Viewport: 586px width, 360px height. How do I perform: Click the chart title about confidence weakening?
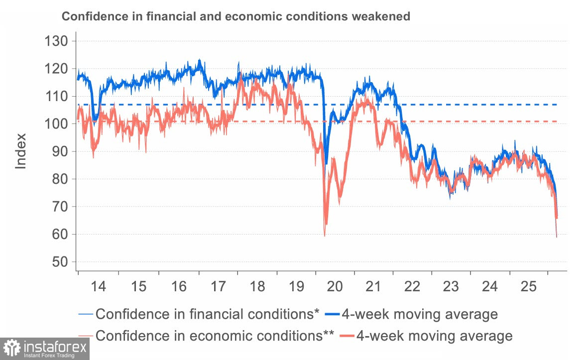click(x=235, y=16)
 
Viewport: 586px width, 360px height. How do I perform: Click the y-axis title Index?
click(x=21, y=151)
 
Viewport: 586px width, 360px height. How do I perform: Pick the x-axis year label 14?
click(x=99, y=287)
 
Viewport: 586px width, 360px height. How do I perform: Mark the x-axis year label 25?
click(x=529, y=287)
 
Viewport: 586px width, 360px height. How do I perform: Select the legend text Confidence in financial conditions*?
click(x=207, y=314)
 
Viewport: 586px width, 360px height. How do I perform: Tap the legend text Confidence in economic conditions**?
click(x=215, y=336)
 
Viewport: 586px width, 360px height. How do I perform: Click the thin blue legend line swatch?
click(x=86, y=314)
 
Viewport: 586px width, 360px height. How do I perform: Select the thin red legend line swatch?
click(x=86, y=336)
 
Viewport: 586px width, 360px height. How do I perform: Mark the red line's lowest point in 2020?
click(x=325, y=236)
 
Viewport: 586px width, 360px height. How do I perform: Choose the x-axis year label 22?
click(x=412, y=287)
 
